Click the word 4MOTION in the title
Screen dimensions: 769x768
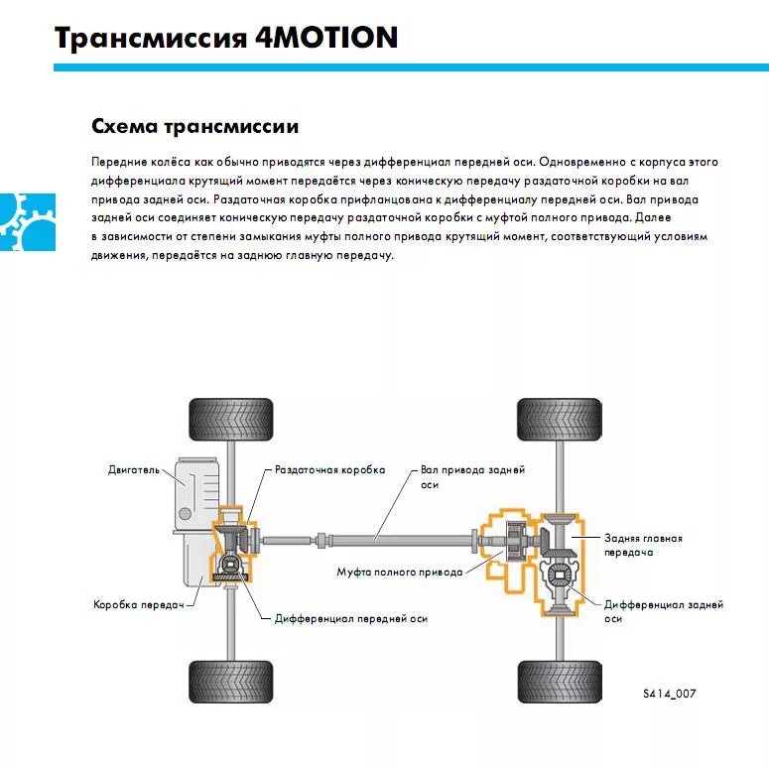pyautogui.click(x=332, y=38)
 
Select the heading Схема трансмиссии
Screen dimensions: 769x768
pyautogui.click(x=194, y=127)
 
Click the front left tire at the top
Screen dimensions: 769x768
pyautogui.click(x=230, y=418)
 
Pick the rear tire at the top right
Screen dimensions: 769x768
pyautogui.click(x=559, y=418)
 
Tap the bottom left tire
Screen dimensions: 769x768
pyautogui.click(x=230, y=682)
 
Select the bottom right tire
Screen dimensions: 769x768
pyautogui.click(x=559, y=682)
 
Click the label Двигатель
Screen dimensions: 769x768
pyautogui.click(x=133, y=469)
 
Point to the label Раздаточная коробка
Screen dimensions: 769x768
pyautogui.click(x=329, y=469)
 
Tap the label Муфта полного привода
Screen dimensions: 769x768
pyautogui.click(x=399, y=573)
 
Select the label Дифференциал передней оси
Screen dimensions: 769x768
pyautogui.click(x=351, y=618)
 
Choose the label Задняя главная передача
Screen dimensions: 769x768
pyautogui.click(x=643, y=545)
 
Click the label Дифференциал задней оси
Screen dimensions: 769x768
pyautogui.click(x=663, y=610)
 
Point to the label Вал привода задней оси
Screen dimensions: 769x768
pyautogui.click(x=472, y=476)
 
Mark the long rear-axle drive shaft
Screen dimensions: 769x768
pyautogui.click(x=377, y=539)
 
